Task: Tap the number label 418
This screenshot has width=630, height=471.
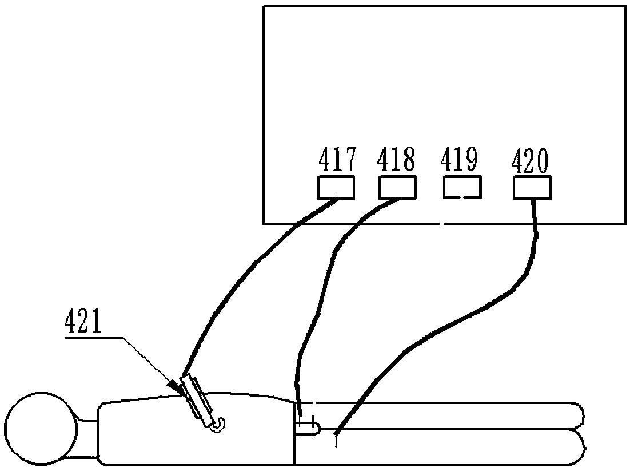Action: tap(396, 161)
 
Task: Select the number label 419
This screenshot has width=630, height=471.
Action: tap(459, 161)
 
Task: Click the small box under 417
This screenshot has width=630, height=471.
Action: tap(336, 188)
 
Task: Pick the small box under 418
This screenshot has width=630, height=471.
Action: tap(397, 188)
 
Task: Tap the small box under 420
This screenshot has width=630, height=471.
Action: tap(532, 188)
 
